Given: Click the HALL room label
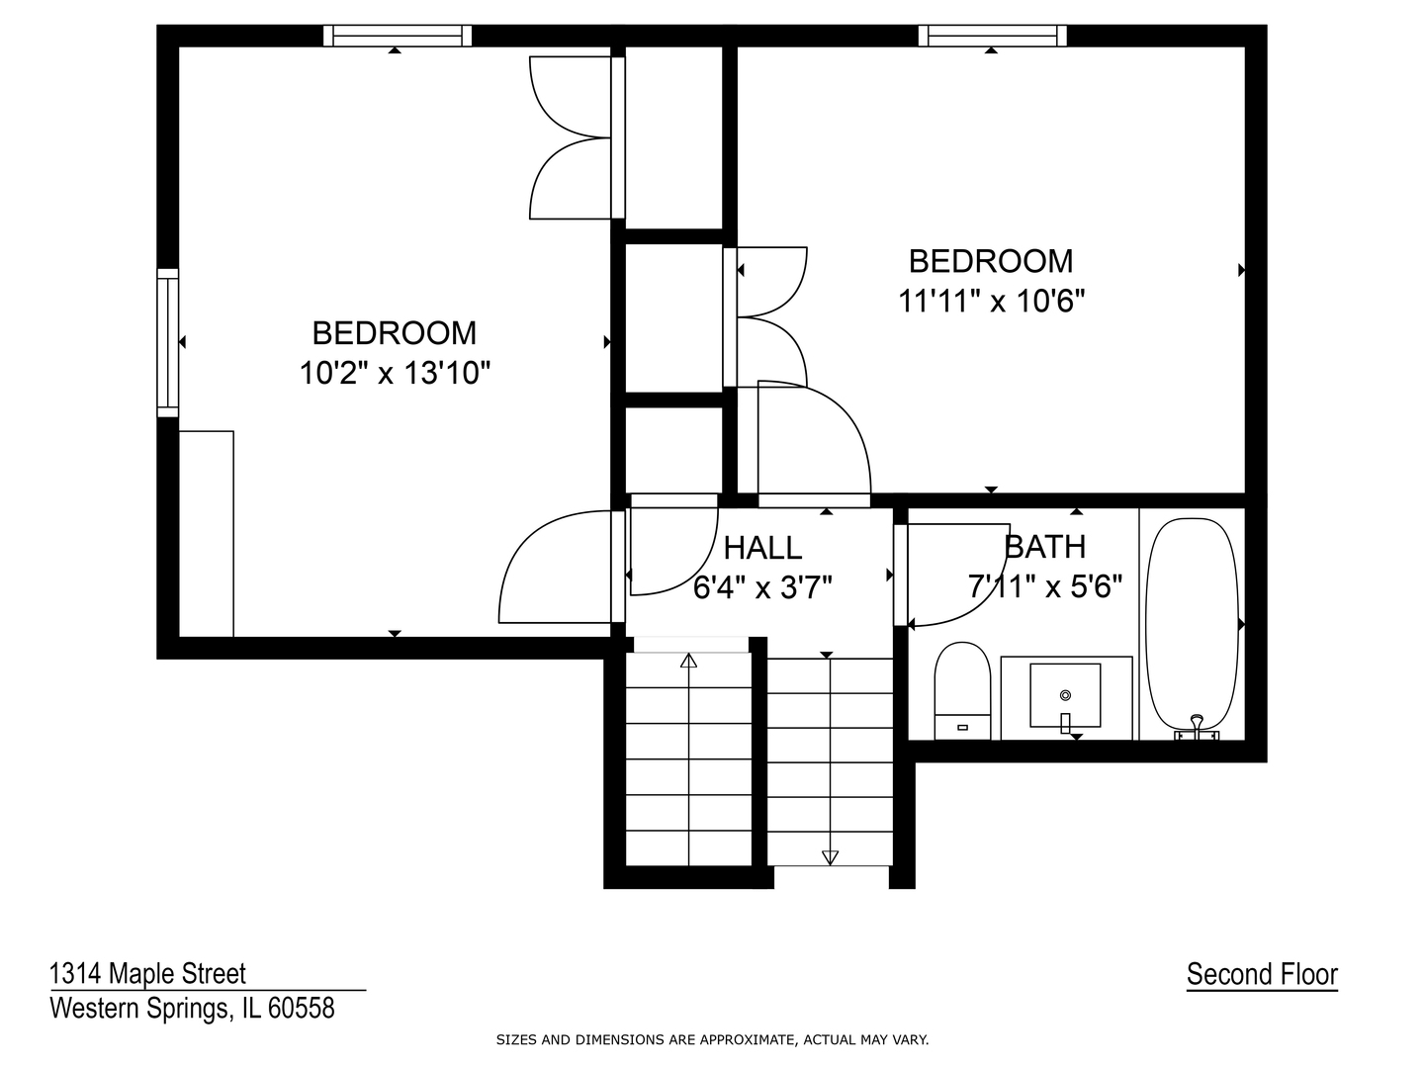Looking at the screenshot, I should pyautogui.click(x=762, y=547).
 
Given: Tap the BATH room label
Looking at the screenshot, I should pyautogui.click(x=1044, y=547).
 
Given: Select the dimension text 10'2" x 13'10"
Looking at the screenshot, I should pyautogui.click(x=395, y=373).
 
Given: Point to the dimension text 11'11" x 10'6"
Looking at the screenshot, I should pyautogui.click(x=991, y=301).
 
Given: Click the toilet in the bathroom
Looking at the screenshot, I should pyautogui.click(x=962, y=689).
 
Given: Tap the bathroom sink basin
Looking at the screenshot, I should pyautogui.click(x=1065, y=694).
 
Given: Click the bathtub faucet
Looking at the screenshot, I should pyautogui.click(x=1197, y=726).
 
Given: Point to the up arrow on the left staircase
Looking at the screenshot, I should pyautogui.click(x=688, y=661).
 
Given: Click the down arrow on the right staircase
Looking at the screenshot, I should pyautogui.click(x=830, y=856).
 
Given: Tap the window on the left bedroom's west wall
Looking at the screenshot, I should pyautogui.click(x=168, y=342).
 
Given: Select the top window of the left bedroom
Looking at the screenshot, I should pyautogui.click(x=398, y=36).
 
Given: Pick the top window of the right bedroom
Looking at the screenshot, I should pyautogui.click(x=993, y=36).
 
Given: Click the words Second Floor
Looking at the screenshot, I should pyautogui.click(x=1262, y=974).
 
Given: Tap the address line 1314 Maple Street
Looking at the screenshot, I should pyautogui.click(x=148, y=974).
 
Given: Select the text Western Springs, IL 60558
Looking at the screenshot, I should pyautogui.click(x=192, y=1008).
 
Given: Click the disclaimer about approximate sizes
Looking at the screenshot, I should pyautogui.click(x=712, y=1039).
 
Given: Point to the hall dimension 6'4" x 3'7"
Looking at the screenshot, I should pyautogui.click(x=762, y=588).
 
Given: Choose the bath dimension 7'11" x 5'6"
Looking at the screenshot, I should pyautogui.click(x=1044, y=587).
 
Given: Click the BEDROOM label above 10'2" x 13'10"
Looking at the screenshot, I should pyautogui.click(x=395, y=332).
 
